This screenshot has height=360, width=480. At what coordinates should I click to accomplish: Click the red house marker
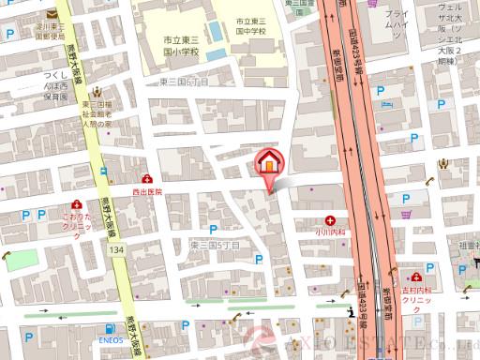click(x=267, y=161)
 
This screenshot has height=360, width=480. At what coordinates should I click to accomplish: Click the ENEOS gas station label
click(x=112, y=339)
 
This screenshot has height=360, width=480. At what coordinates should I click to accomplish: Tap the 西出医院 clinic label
click(x=146, y=190)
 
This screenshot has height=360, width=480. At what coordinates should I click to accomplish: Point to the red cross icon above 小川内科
click(x=329, y=213)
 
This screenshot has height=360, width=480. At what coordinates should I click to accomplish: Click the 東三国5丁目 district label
click(x=215, y=244)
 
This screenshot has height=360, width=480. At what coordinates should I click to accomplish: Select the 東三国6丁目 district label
click(x=184, y=83)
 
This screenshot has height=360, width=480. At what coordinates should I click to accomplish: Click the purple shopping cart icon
click(x=406, y=214)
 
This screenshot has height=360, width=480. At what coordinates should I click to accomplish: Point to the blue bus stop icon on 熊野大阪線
click(x=103, y=172)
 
